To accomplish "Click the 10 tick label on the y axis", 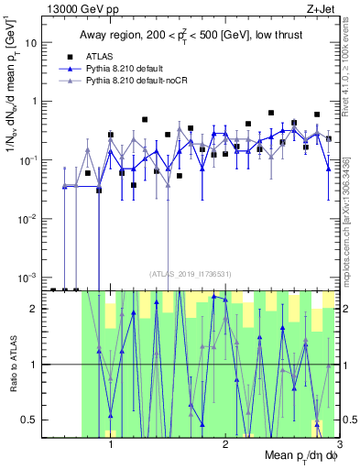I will pyautogui.click(x=34, y=43).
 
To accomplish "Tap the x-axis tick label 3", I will pyautogui.click(x=339, y=445).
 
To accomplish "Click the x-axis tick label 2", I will pyautogui.click(x=224, y=445).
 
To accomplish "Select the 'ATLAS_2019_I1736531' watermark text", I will pyautogui.click(x=191, y=272).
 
